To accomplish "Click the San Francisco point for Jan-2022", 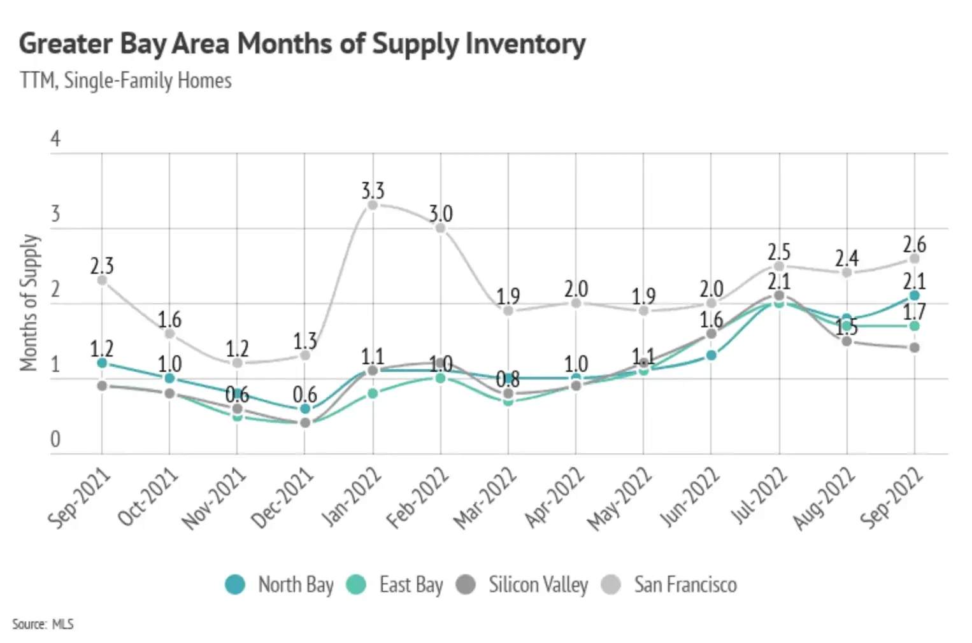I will click(x=373, y=205).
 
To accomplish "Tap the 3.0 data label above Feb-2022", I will click(x=440, y=213).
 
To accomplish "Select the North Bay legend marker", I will click(x=235, y=584).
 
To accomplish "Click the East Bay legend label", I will click(x=411, y=584).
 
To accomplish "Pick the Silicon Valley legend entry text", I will click(x=538, y=584).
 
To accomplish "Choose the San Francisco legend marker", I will click(x=611, y=584).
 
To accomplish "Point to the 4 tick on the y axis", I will click(x=55, y=139).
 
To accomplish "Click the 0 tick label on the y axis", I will click(x=55, y=439).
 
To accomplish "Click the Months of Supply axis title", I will click(x=29, y=302).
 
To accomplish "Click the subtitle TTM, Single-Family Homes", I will click(x=125, y=81).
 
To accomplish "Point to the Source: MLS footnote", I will click(x=43, y=624).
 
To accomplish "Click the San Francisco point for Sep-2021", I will click(x=102, y=280).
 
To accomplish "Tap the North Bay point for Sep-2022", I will click(x=914, y=295).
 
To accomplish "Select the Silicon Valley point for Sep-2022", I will click(x=914, y=348).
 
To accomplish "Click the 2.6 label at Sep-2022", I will click(x=914, y=244).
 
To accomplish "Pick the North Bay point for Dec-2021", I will click(x=305, y=409).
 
